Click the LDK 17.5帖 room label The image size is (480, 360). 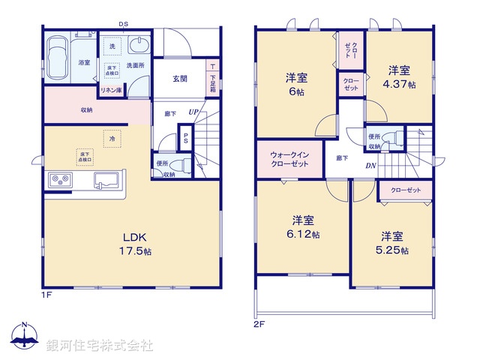(137, 245)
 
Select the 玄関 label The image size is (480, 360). (179, 79)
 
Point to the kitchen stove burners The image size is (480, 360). (59, 181)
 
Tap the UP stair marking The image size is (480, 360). (193, 112)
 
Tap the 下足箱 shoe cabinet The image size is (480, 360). (213, 79)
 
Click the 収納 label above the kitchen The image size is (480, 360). (87, 110)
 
